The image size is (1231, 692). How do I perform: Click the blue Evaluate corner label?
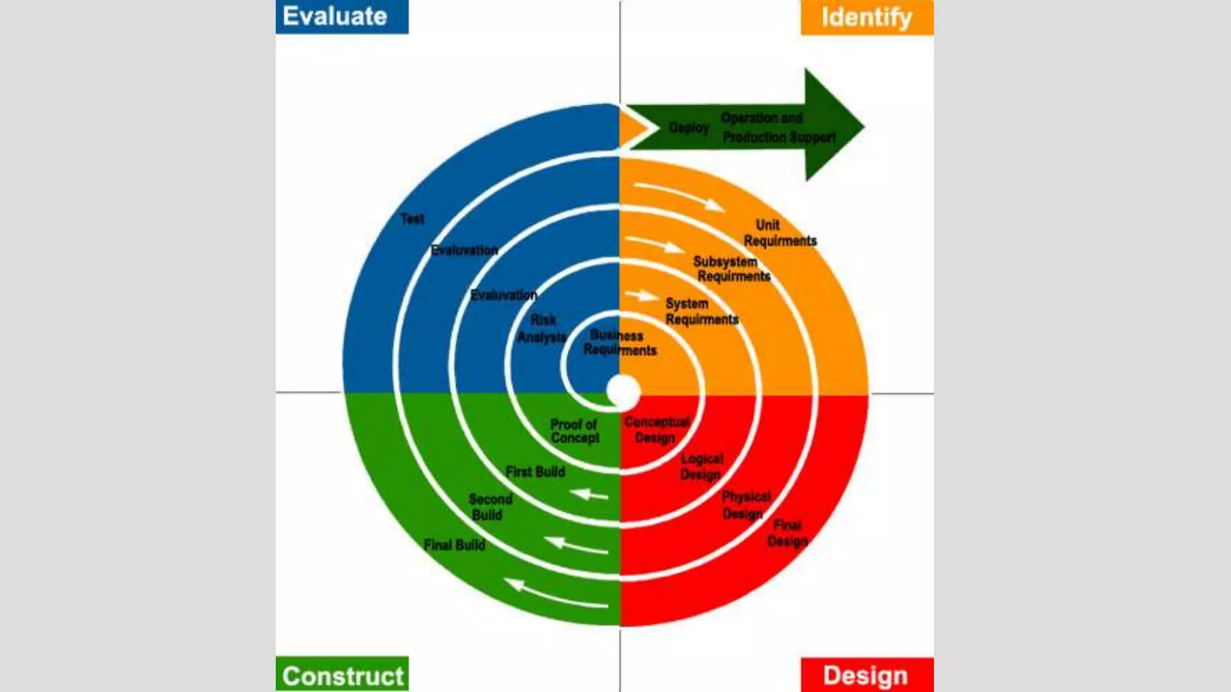(341, 17)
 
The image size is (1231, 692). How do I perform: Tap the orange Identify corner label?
(867, 17)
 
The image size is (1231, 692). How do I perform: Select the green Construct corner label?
(342, 675)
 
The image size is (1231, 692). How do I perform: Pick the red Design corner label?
(866, 675)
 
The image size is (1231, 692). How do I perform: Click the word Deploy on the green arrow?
(689, 128)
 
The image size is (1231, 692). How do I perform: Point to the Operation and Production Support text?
(778, 127)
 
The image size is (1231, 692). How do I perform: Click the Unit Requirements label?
(779, 233)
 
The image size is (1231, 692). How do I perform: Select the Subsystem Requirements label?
(731, 269)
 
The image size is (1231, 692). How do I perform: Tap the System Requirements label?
(701, 312)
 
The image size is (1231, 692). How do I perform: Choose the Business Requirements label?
(620, 343)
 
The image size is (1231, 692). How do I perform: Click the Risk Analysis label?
(543, 329)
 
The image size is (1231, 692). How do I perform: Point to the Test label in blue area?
(412, 219)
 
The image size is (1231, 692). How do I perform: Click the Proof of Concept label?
(575, 431)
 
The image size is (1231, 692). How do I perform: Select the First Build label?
(535, 472)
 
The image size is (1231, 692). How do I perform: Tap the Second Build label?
(490, 507)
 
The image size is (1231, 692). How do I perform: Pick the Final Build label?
(454, 545)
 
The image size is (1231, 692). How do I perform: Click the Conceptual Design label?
(656, 430)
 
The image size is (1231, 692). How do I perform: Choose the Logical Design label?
(701, 467)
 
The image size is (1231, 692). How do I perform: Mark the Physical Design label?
(745, 505)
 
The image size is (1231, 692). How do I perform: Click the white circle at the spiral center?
(623, 391)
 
